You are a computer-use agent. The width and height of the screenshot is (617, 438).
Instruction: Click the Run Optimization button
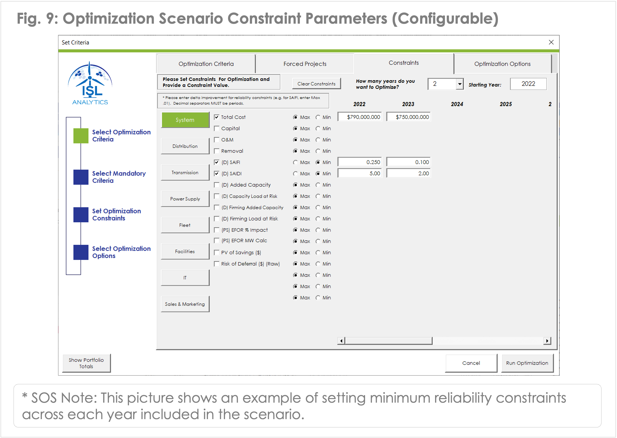coord(527,363)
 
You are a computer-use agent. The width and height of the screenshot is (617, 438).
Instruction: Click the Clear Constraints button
coord(316,84)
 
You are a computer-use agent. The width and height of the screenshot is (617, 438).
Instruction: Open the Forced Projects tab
coord(305,64)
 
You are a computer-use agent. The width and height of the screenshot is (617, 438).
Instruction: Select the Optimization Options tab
coord(502,64)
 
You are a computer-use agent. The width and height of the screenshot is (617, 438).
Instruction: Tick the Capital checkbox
coord(217,129)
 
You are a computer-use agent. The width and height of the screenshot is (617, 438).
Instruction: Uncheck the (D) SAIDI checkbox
coord(217,174)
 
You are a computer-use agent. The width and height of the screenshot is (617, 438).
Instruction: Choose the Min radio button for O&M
coord(318,140)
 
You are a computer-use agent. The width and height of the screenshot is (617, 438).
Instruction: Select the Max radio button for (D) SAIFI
coord(295,162)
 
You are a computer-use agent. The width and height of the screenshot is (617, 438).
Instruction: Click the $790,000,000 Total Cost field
coord(360,117)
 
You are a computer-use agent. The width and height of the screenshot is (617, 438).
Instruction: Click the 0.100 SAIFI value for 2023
coord(408,162)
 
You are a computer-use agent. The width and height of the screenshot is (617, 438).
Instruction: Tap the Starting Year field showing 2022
coord(528,84)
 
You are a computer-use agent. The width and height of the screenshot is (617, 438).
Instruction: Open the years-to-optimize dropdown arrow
coord(460,84)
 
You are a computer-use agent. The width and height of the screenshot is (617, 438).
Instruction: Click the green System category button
coord(185,120)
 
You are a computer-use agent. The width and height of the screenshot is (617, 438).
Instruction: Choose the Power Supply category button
coord(185,199)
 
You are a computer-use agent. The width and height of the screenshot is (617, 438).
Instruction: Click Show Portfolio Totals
coord(86,363)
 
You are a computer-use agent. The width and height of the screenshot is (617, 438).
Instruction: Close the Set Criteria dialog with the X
coord(551,42)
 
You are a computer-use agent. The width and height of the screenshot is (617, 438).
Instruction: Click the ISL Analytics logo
coord(90,83)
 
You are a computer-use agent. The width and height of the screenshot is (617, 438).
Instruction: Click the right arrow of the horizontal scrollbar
coord(547,341)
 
